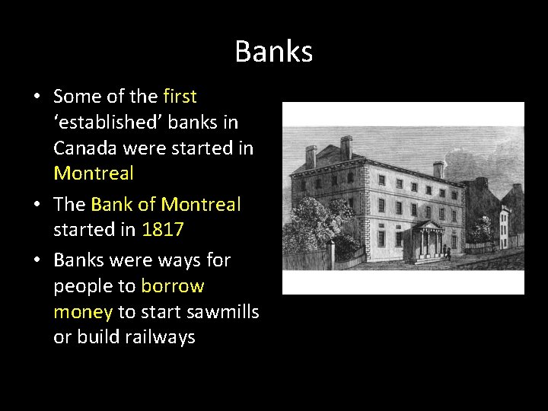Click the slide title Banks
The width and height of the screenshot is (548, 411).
273,52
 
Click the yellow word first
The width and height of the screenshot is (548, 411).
180,97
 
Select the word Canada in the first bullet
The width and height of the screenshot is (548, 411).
85,148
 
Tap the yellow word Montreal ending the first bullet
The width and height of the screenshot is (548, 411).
94,174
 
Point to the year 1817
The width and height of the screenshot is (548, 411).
163,230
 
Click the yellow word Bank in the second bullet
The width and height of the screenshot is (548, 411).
113,204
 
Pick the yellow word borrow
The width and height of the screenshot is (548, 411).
173,286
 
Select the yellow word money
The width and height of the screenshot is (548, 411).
83,311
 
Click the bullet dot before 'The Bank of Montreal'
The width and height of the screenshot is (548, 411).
37,205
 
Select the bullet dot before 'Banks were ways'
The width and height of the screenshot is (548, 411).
37,261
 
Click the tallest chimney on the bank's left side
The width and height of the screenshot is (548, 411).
347,148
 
